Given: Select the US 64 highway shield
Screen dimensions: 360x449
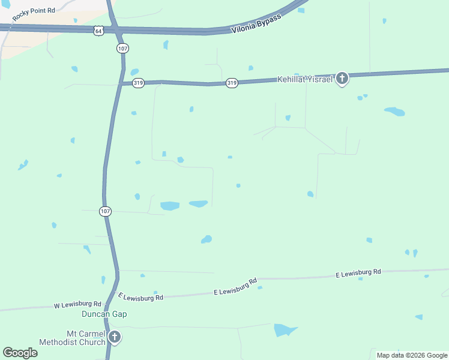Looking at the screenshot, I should pyautogui.click(x=98, y=30).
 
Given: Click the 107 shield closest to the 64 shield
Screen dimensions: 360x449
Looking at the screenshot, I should pyautogui.click(x=122, y=47).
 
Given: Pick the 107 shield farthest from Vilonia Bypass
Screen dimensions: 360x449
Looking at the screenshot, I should pyautogui.click(x=106, y=211).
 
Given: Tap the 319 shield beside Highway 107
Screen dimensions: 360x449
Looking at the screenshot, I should pyautogui.click(x=138, y=83).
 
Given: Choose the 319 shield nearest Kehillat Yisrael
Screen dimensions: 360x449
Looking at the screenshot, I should pyautogui.click(x=232, y=83).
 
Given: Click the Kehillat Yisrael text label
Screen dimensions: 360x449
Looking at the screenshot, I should pyautogui.click(x=304, y=79).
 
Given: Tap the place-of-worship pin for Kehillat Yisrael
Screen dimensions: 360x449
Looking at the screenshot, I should pyautogui.click(x=342, y=78).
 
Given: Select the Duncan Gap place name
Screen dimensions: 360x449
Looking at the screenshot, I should pyautogui.click(x=104, y=314).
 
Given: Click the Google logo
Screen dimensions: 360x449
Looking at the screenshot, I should pyautogui.click(x=20, y=353).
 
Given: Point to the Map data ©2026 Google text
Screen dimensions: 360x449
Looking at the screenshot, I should pyautogui.click(x=412, y=355).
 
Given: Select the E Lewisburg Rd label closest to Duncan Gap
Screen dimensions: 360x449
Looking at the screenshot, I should pyautogui.click(x=141, y=296).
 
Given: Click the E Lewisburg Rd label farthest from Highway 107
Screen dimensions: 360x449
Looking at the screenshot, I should pyautogui.click(x=358, y=273).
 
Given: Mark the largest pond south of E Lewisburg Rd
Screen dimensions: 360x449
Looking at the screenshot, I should pyautogui.click(x=285, y=330).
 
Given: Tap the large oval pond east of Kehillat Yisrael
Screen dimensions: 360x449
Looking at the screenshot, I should pyautogui.click(x=394, y=112).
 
